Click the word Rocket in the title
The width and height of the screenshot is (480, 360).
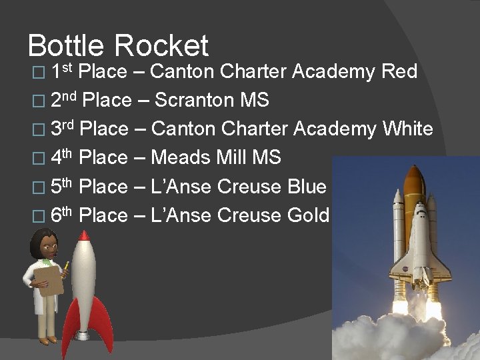point(161,46)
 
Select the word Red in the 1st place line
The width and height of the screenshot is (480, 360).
point(399,71)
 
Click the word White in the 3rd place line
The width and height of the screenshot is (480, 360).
point(408,129)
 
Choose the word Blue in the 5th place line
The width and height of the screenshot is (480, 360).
point(307,187)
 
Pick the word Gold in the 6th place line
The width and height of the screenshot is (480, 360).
point(308,215)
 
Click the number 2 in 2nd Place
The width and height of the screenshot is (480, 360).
point(56,101)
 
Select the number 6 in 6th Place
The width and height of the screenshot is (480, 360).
point(56,216)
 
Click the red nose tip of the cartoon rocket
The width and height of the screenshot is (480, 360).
point(84,235)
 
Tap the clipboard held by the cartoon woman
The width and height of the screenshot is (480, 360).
point(49,280)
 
